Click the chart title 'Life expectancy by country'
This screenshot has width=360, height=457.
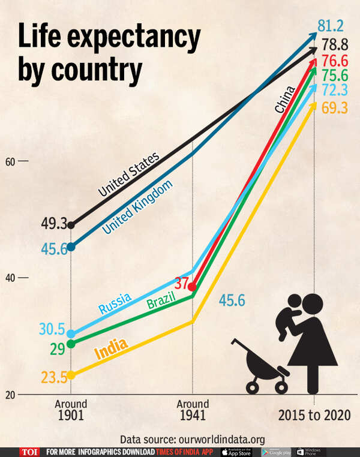click(x=108, y=54)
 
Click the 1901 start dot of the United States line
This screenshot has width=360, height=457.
click(x=71, y=226)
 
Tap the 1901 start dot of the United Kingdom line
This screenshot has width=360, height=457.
click(x=71, y=246)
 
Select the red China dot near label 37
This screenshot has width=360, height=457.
click(x=192, y=287)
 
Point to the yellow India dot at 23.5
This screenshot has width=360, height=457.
click(x=71, y=375)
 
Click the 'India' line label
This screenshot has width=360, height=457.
click(x=111, y=349)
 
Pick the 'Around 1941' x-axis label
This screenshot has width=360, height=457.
click(x=192, y=410)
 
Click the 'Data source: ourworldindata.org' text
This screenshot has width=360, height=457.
click(x=192, y=439)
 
